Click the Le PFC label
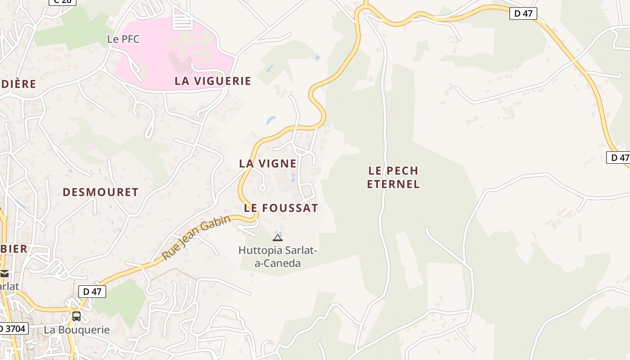click(123, 39)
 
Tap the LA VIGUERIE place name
click(213, 81)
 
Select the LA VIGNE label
click(268, 163)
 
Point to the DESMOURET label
click(100, 192)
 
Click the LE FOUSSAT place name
click(281, 208)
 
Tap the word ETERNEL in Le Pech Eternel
click(393, 184)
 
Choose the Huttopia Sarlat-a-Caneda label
click(278, 256)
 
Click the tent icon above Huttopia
click(278, 237)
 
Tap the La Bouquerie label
click(76, 330)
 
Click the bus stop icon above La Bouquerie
click(76, 316)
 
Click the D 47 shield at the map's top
click(523, 13)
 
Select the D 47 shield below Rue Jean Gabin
click(92, 292)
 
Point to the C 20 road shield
click(62, 1)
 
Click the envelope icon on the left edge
click(4, 273)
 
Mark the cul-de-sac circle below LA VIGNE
click(262, 188)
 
